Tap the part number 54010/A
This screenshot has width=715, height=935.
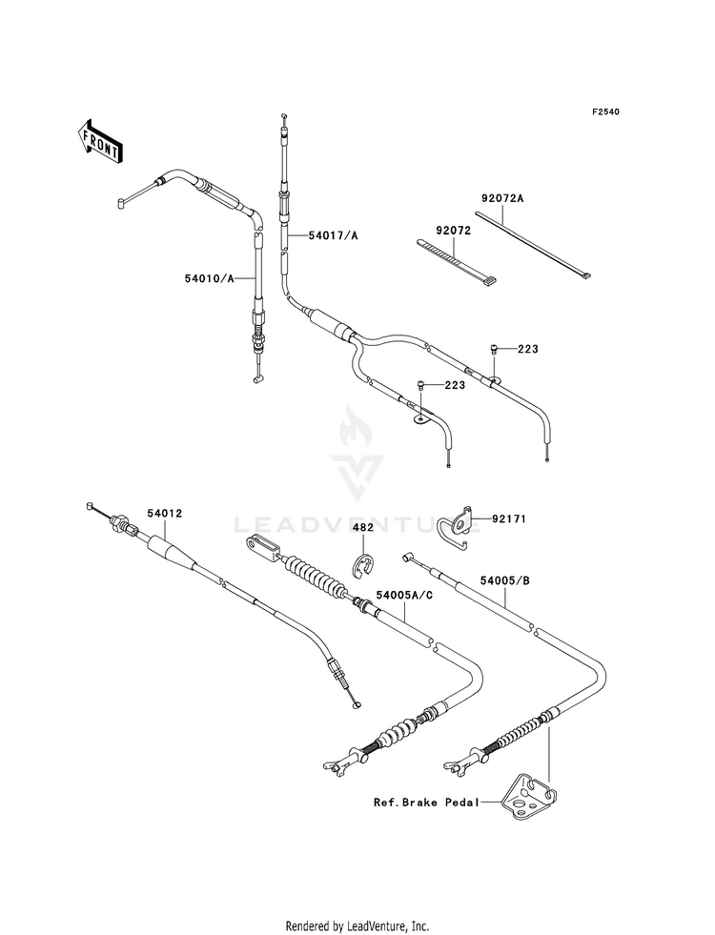click(210, 277)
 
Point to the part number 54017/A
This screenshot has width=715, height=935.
click(334, 235)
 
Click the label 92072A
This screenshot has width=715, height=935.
click(502, 198)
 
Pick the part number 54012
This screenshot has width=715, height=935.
click(165, 513)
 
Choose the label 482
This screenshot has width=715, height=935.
click(363, 527)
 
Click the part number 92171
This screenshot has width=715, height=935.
click(509, 518)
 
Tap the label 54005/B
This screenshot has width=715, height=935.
click(504, 579)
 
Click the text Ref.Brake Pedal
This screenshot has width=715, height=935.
click(426, 802)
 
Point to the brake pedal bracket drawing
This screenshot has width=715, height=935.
click(528, 797)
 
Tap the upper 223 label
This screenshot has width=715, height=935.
click(528, 349)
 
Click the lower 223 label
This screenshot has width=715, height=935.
click(455, 385)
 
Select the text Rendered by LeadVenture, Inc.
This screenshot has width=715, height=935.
click(357, 926)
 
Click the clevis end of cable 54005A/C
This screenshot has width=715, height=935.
click(262, 547)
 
